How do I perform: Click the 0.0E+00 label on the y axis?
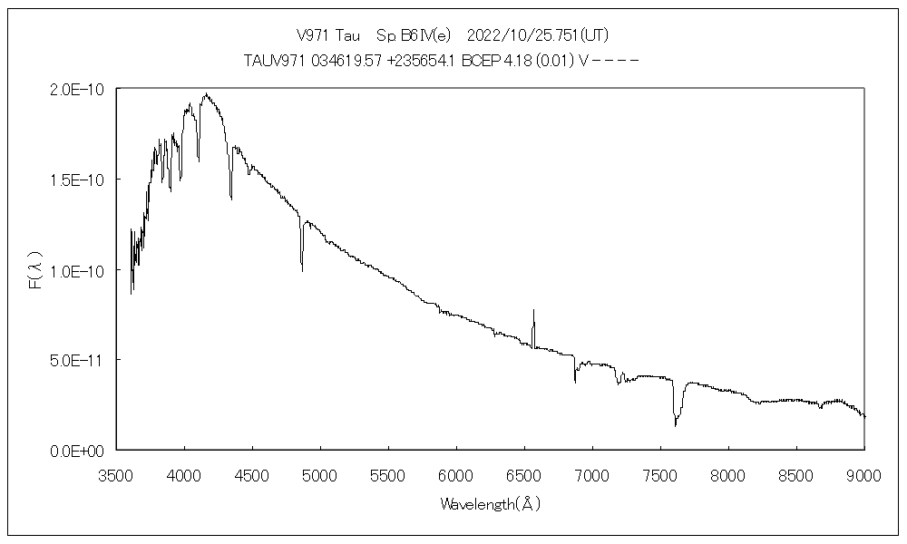point(80,450)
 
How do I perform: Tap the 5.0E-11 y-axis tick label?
point(80,360)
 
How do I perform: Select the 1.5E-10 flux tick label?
point(80,180)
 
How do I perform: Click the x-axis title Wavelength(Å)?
point(490,503)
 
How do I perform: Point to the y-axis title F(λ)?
point(35,270)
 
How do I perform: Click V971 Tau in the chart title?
point(328,35)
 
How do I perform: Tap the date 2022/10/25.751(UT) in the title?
point(536,35)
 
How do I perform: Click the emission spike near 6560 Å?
point(533,311)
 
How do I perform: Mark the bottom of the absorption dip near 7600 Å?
point(675,424)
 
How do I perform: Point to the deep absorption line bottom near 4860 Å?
point(302,269)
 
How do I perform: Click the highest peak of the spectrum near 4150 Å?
point(206,93)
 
